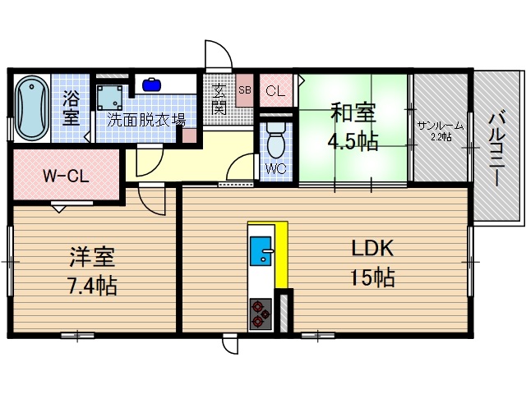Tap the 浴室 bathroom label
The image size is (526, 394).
point(72,108)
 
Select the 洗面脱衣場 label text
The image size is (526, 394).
point(145,120)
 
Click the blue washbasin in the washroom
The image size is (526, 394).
point(151,84)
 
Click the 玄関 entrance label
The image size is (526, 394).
point(219,99)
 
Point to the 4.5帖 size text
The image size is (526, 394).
point(353,141)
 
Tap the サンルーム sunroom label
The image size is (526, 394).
point(440,125)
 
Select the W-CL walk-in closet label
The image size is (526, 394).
point(66,175)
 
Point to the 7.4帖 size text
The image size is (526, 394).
point(91,286)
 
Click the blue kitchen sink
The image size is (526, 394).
point(262,250)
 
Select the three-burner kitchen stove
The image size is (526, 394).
point(261,313)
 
